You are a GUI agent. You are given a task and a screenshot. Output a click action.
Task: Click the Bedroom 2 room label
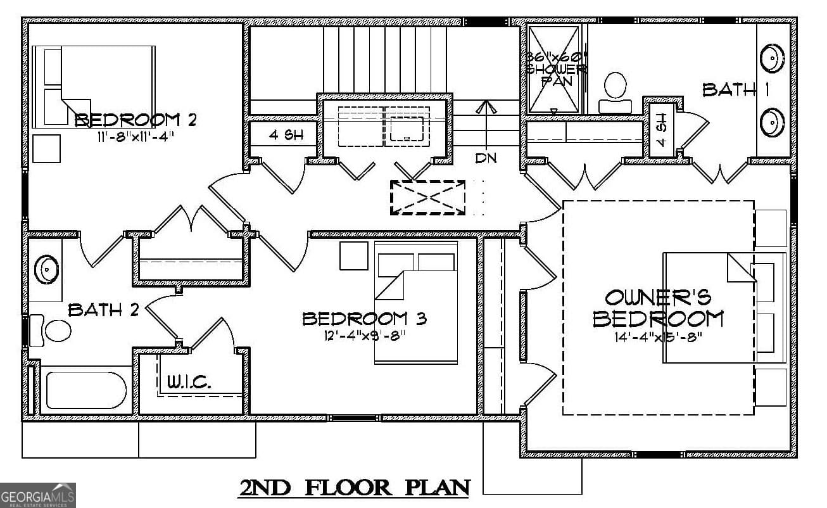coord(136,120)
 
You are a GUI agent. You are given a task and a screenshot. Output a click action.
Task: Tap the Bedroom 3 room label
coord(364,319)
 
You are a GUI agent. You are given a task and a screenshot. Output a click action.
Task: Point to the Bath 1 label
coord(736,90)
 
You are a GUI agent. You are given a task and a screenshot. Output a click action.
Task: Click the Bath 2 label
coord(103,310)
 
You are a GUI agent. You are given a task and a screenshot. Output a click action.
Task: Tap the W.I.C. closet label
coord(189,382)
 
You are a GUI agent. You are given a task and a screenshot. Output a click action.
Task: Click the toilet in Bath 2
coord(54,331)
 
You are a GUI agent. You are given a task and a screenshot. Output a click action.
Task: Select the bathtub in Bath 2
coord(86,390)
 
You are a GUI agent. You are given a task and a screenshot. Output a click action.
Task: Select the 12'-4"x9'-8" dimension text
coord(363,335)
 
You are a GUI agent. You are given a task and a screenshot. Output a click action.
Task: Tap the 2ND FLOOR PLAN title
coord(355,487)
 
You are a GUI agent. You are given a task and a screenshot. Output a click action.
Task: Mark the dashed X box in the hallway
coord(428,197)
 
